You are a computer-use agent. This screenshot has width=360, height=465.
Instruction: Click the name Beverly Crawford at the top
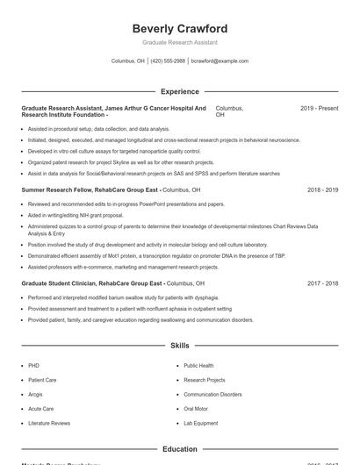(x=179, y=28)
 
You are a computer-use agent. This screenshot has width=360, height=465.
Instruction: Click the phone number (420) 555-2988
(x=168, y=61)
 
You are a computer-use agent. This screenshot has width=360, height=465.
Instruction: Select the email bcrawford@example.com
(x=220, y=61)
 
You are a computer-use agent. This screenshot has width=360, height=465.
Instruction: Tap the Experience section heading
(x=179, y=91)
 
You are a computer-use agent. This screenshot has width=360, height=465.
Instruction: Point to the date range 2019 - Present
(x=319, y=108)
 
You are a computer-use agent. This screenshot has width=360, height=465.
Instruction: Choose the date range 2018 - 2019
(x=322, y=190)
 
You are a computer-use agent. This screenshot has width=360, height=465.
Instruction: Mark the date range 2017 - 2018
(x=322, y=283)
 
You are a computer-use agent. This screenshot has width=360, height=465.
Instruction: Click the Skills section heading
(x=179, y=347)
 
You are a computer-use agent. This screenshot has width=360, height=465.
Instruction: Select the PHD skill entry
(x=34, y=365)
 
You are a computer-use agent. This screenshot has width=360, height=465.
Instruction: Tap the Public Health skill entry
(x=198, y=365)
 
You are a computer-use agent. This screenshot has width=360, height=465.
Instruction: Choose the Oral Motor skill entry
(x=196, y=409)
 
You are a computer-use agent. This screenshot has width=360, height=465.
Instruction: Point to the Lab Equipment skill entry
(x=200, y=423)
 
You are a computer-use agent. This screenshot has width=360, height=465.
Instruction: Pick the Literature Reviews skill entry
(x=49, y=423)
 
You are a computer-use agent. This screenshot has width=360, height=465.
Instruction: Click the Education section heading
(x=179, y=449)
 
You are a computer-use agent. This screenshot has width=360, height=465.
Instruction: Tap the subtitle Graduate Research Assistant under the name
(x=179, y=42)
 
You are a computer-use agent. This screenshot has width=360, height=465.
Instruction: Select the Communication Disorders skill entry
(x=212, y=395)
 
